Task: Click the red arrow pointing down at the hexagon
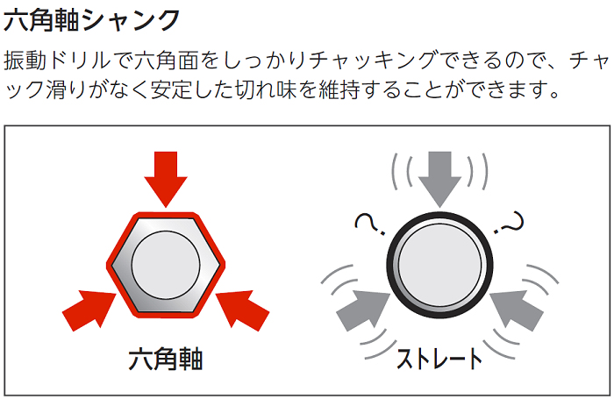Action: (165, 176)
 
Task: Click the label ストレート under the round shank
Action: (439, 359)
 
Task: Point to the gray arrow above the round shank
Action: (439, 176)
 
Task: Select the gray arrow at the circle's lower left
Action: (362, 306)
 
